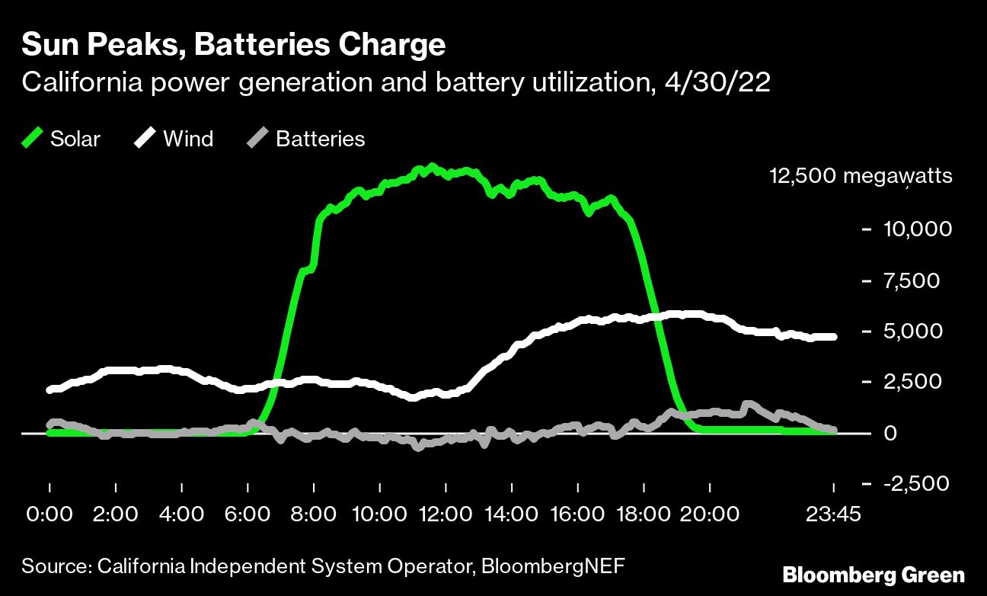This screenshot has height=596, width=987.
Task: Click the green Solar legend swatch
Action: click(33, 139)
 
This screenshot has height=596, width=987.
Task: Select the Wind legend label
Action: click(188, 139)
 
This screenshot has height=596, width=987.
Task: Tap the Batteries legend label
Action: click(320, 139)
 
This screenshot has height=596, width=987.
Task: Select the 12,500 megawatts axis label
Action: click(861, 176)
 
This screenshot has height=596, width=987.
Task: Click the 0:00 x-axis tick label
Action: click(50, 514)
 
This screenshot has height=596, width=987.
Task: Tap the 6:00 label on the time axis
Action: click(248, 514)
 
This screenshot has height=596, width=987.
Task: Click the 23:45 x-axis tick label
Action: click(833, 514)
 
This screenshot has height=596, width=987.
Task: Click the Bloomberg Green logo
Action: click(874, 575)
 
